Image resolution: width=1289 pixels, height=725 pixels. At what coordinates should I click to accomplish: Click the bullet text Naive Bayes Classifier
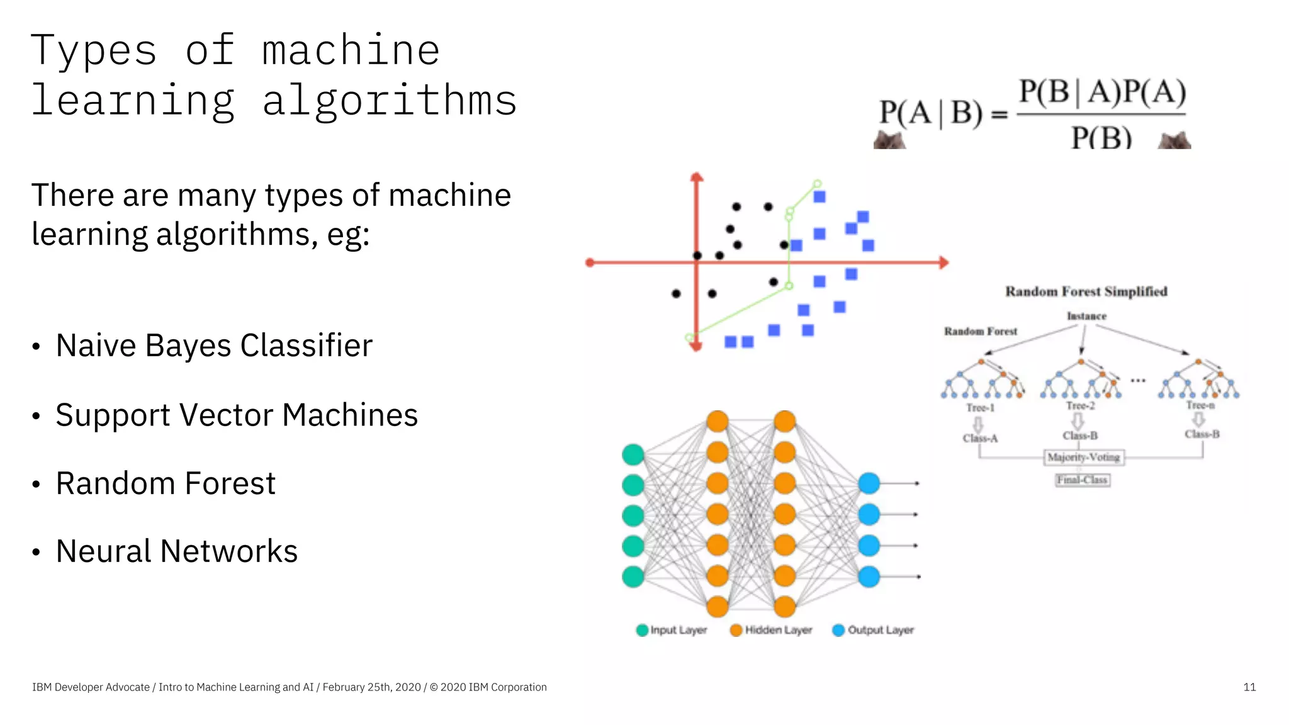click(x=214, y=346)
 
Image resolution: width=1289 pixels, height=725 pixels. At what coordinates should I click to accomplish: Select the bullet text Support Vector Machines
click(x=237, y=415)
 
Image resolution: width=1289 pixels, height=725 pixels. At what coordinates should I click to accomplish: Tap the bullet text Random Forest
click(x=166, y=483)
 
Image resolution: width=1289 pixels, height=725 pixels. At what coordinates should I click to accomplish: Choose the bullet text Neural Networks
click(x=176, y=551)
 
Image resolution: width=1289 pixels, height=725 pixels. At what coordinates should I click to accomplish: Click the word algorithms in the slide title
click(x=390, y=101)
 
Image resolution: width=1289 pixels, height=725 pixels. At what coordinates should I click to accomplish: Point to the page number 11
click(x=1249, y=687)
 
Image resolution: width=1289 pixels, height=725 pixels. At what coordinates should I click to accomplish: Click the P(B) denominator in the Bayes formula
click(x=1101, y=136)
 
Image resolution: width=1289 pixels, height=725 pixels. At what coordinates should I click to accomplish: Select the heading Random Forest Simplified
click(x=1086, y=291)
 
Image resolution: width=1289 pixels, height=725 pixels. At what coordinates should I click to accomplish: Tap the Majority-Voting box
click(x=1083, y=458)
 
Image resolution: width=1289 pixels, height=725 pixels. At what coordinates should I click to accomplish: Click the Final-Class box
click(x=1082, y=480)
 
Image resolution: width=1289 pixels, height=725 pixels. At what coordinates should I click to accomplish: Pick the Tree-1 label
click(x=980, y=408)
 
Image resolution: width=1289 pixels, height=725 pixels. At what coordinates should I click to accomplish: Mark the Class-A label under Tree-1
click(x=980, y=438)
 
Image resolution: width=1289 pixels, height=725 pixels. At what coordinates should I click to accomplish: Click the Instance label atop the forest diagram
click(x=1086, y=316)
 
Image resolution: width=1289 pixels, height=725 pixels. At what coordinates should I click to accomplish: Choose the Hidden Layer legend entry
click(x=772, y=630)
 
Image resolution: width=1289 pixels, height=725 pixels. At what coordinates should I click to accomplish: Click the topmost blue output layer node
click(x=869, y=483)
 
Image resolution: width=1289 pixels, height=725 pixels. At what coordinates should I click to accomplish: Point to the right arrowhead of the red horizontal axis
click(x=943, y=262)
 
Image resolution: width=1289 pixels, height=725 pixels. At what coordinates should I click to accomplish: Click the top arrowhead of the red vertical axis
click(x=696, y=177)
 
